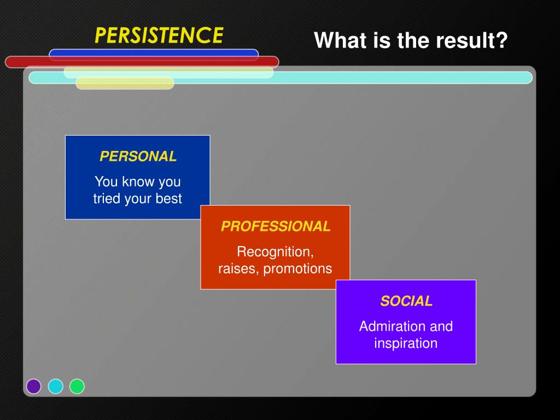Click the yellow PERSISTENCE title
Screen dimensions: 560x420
(x=159, y=36)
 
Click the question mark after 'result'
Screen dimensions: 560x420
(x=501, y=40)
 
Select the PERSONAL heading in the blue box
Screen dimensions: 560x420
(x=138, y=156)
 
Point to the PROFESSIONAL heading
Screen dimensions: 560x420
(x=276, y=226)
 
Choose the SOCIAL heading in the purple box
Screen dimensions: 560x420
(x=406, y=301)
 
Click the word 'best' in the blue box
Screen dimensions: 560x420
(x=169, y=199)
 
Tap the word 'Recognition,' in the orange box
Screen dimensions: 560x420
(x=275, y=252)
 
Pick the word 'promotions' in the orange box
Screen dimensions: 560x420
(x=297, y=269)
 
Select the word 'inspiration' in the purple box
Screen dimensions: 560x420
(x=406, y=343)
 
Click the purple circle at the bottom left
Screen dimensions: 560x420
(x=34, y=387)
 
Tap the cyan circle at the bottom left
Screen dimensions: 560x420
(x=56, y=387)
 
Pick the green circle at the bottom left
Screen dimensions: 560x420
(x=77, y=387)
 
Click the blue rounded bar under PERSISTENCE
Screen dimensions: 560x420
(x=154, y=55)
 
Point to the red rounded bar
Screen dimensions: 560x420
(x=142, y=62)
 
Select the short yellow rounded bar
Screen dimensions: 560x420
(x=125, y=83)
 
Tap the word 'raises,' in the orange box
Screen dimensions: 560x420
(x=238, y=269)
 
